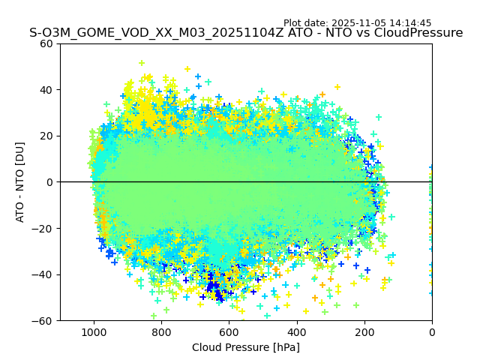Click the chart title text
pyautogui.click(x=246, y=33)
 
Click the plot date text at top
pyautogui.click(x=357, y=23)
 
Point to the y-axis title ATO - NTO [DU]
pyautogui.click(x=20, y=181)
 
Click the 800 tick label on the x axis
pyautogui.click(x=161, y=332)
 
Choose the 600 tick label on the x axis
pyautogui.click(x=229, y=332)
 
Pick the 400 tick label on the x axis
pyautogui.click(x=297, y=332)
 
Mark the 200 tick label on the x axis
pyautogui.click(x=364, y=332)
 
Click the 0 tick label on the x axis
pyautogui.click(x=432, y=332)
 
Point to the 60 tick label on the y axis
pyautogui.click(x=47, y=43)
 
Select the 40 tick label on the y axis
pyautogui.click(x=47, y=90)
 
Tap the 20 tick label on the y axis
pyautogui.click(x=47, y=136)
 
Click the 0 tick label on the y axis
pyautogui.click(x=50, y=182)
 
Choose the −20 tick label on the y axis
pyautogui.click(x=44, y=228)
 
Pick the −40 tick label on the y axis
pyautogui.click(x=44, y=274)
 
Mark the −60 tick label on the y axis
pyautogui.click(x=44, y=320)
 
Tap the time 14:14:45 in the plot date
pyautogui.click(x=410, y=23)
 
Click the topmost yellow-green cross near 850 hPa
pyautogui.click(x=141, y=63)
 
